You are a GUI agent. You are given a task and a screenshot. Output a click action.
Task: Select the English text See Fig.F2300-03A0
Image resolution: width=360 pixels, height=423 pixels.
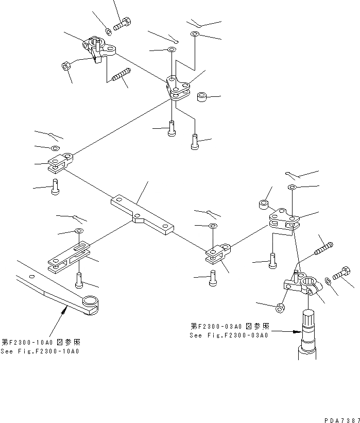[x=229, y=335]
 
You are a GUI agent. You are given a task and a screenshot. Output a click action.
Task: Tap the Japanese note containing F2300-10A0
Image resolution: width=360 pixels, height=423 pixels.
[x=41, y=342]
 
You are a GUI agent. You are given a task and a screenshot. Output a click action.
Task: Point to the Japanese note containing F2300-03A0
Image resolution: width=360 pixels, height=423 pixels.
[x=229, y=326]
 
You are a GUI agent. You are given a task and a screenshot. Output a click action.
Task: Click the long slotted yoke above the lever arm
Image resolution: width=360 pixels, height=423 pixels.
[x=68, y=256]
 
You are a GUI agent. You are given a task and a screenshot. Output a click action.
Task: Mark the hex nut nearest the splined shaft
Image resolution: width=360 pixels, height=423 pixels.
[x=280, y=308]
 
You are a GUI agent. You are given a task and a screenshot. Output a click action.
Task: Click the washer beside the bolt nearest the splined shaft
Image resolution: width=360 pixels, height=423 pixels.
[x=328, y=281]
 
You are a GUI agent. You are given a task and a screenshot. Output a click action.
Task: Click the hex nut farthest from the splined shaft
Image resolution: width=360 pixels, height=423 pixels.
[x=66, y=65]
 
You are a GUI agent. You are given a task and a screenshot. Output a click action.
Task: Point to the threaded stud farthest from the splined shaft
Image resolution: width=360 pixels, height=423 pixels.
[x=120, y=76]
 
